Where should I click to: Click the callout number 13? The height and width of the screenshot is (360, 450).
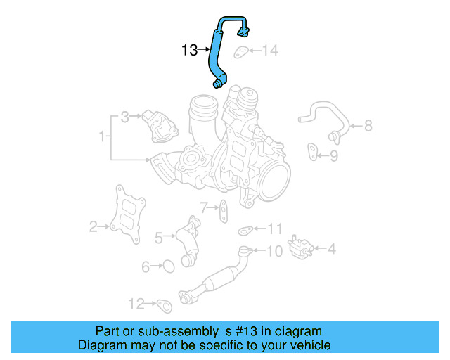coord(189,50)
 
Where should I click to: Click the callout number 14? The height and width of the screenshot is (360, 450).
coord(271,50)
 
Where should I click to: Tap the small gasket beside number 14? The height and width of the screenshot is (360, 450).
coord(241,51)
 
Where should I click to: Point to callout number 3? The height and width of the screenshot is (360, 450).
coord(124,117)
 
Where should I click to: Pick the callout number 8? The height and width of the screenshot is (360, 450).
coord(367,127)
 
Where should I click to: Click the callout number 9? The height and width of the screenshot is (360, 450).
coord(334,155)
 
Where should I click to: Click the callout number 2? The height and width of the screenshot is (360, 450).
coord(93,226)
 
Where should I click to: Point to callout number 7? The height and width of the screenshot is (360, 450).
coord(203,207)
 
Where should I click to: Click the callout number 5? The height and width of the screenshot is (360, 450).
coord(159,238)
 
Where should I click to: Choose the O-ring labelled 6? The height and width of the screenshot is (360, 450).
coord(168,265)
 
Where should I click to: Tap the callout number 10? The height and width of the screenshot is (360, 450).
coord(274,250)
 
